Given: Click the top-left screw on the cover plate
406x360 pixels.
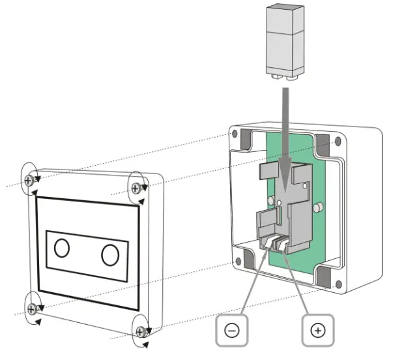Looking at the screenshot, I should (29, 180).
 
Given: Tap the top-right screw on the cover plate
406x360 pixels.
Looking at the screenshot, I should (136, 188).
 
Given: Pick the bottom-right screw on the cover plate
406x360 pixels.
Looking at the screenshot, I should (139, 332).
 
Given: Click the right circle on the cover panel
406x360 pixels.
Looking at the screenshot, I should (109, 254).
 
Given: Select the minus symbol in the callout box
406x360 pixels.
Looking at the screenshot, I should (233, 331).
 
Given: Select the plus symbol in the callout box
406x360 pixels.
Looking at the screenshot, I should (318, 331).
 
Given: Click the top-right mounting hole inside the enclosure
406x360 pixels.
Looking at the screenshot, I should (337, 141).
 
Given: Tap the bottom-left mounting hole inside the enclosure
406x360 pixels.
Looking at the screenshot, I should (238, 262).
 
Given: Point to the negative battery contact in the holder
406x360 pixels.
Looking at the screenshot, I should (268, 243).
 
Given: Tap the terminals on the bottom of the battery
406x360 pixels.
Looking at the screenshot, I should (285, 76).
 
